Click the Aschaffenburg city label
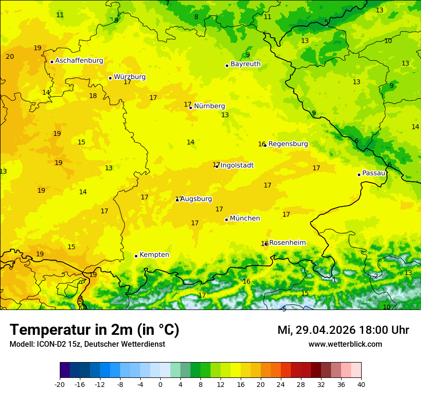(x=79, y=61)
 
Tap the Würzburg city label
(x=130, y=77)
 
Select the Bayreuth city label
(x=245, y=64)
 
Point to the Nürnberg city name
(x=210, y=106)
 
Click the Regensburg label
(x=288, y=144)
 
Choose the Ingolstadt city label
(x=237, y=165)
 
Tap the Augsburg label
(x=196, y=199)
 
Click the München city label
(x=245, y=219)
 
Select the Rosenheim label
(x=287, y=243)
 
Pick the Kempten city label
(x=154, y=255)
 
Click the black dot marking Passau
(x=359, y=175)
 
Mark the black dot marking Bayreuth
(x=227, y=66)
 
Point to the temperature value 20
(x=10, y=57)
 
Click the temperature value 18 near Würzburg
(x=93, y=96)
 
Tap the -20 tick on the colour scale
(x=60, y=384)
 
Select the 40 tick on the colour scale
(x=361, y=384)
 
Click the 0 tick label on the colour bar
(x=160, y=384)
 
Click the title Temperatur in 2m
(x=94, y=330)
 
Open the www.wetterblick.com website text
(x=345, y=344)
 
